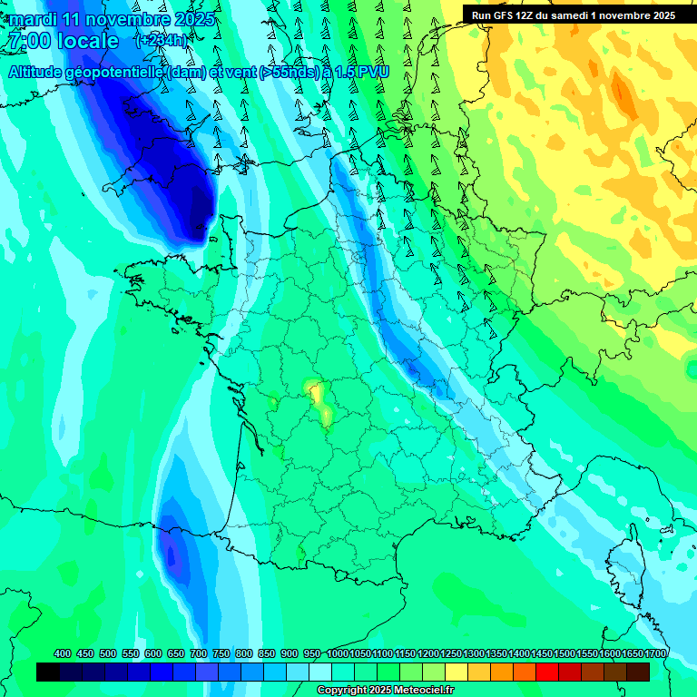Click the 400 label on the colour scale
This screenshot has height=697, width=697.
coord(63,654)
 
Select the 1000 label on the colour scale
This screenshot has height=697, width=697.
coord(338,654)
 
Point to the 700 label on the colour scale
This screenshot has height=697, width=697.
coord(199,654)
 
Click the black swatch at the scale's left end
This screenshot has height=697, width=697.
coord(48,672)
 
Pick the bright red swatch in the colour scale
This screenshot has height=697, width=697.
coord(547,672)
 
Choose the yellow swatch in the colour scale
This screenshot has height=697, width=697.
coord(456,672)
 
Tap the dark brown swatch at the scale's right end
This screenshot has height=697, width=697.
coord(638,672)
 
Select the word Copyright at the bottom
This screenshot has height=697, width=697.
coord(341,691)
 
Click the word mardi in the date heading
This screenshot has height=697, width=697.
coord(29,19)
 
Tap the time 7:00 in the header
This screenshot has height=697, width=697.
coord(26,41)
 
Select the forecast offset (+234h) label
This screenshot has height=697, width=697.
coord(162,41)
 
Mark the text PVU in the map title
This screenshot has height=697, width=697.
coord(373,72)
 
